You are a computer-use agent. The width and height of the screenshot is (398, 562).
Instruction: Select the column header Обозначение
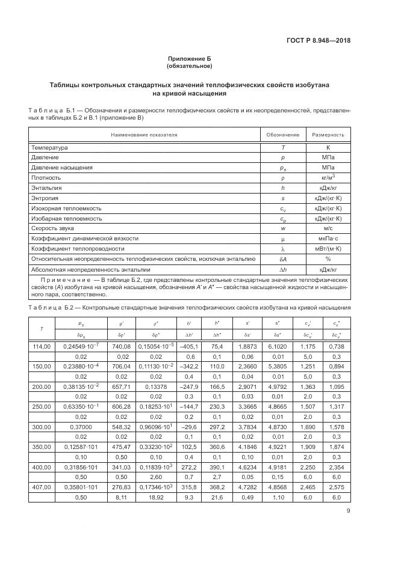click(282, 135)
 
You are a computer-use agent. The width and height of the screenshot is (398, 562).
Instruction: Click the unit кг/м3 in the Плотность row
click(329, 177)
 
